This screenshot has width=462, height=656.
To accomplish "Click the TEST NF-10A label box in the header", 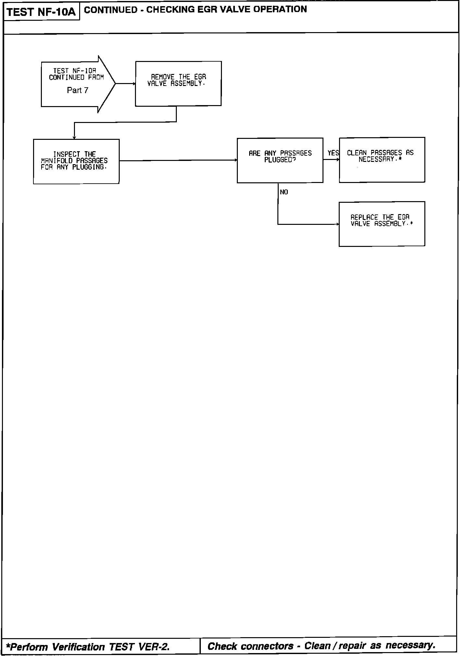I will point(41,12).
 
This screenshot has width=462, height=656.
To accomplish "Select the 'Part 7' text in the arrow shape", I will point(78,91).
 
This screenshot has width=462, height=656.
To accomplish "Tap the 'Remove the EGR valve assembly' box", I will point(178,83).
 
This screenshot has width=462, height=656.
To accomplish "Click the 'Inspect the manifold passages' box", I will point(76,161).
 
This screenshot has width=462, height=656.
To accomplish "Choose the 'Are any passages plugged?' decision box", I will point(280,160).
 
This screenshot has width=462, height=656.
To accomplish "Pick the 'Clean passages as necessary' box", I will point(382,160).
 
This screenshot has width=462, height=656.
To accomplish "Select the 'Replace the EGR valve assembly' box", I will point(382,224).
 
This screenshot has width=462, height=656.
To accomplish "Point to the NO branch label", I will point(284,192).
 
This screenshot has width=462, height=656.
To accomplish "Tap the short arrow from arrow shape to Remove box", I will point(125,84).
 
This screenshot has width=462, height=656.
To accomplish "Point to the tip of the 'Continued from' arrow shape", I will point(115,84).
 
